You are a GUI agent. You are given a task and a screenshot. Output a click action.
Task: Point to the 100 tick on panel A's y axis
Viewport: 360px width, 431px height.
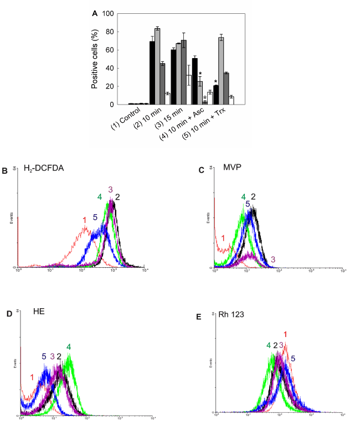point(114,13)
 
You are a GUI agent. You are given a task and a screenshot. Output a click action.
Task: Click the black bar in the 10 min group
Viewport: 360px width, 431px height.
point(152,72)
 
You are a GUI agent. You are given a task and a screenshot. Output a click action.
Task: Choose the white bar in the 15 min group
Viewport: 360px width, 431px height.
point(189,89)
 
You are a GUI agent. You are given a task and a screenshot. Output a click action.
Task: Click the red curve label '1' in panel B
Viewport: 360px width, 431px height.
point(85,220)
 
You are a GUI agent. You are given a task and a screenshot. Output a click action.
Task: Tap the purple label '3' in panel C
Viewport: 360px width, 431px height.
point(274,259)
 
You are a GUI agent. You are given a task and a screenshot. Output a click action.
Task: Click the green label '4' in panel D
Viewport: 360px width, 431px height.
point(69,347)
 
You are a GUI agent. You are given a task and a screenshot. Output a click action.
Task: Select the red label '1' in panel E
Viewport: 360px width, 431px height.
point(286,334)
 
